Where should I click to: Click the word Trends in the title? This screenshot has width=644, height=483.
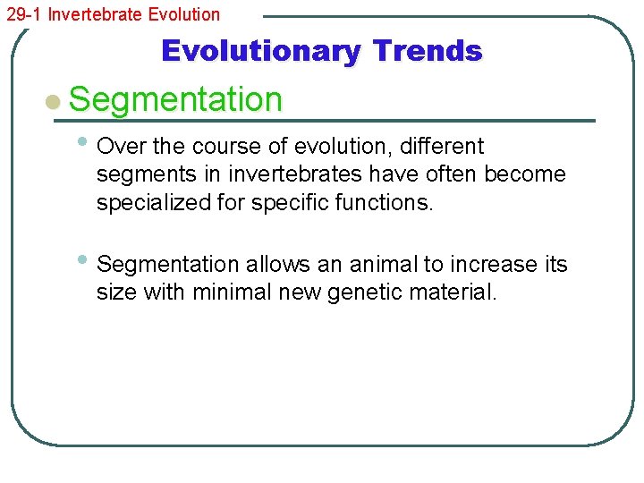pyautogui.click(x=427, y=51)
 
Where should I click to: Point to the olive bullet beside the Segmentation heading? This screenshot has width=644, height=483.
pyautogui.click(x=54, y=101)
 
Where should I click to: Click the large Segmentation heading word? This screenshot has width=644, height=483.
pyautogui.click(x=175, y=99)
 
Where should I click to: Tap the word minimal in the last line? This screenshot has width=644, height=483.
pyautogui.click(x=227, y=292)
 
